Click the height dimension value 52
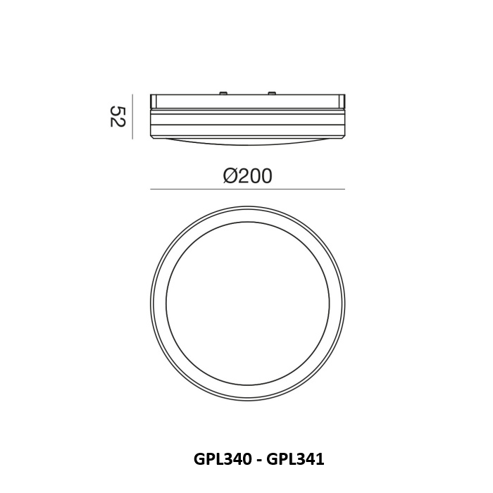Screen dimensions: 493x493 coord(117,116)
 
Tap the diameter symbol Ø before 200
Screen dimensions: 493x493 coord(230,176)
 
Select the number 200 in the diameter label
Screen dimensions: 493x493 coord(255,176)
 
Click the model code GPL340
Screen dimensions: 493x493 coord(221,459)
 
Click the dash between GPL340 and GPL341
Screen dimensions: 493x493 coord(258,460)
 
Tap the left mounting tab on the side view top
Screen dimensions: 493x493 coord(223,92)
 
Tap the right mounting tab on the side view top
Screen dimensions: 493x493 coord(270,92)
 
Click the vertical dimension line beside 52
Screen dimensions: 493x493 coord(132,116)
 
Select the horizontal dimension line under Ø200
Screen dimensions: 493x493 coord(247,189)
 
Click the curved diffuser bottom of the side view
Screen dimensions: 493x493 coord(247,141)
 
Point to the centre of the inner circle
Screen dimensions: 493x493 coord(247,304)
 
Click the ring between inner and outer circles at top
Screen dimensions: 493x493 coord(247,216)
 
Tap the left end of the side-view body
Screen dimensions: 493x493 coord(151,116)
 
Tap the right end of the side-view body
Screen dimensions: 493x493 coord(343,116)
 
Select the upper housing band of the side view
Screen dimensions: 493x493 coord(247,101)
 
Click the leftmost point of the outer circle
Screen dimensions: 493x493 coord(150,304)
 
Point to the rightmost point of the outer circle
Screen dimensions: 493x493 coord(345,304)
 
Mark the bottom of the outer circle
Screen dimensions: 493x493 coord(247,401)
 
